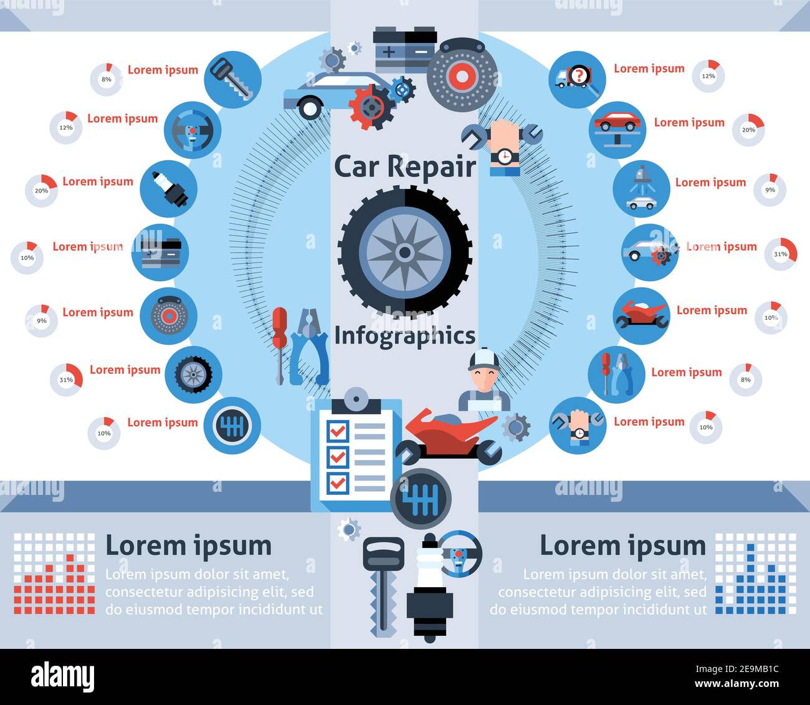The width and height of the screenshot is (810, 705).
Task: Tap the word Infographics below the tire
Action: coord(404,336)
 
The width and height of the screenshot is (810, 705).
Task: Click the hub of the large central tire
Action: coord(404,252)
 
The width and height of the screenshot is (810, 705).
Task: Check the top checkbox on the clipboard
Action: coord(338,430)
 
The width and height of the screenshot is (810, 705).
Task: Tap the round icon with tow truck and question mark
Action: coord(577,79)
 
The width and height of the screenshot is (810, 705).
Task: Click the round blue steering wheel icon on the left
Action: coord(193,130)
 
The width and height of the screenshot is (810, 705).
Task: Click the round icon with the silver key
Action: coord(232,79)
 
